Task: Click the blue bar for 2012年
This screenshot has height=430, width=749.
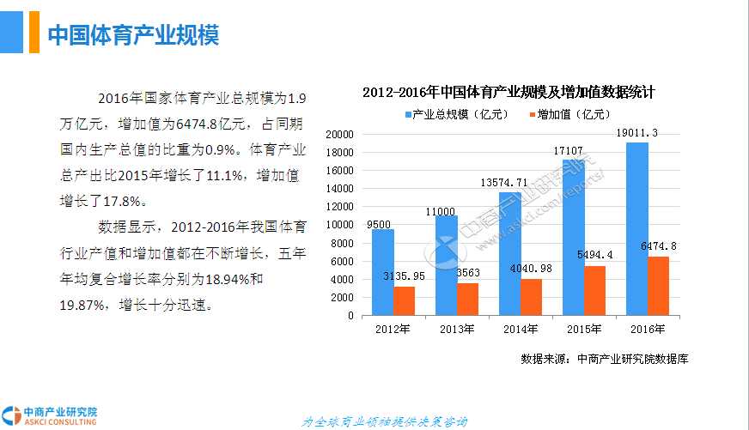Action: tap(383, 272)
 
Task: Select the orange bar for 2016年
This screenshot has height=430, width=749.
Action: tap(658, 286)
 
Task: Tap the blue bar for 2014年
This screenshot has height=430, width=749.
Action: tap(510, 253)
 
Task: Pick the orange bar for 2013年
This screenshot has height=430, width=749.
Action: tap(468, 299)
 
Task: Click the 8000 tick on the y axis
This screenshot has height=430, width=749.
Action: tap(342, 243)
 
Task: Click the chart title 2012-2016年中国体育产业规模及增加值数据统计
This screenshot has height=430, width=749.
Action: tap(508, 92)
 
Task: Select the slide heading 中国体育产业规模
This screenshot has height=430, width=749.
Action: tap(133, 35)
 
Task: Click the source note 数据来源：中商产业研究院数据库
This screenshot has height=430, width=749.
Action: tap(604, 359)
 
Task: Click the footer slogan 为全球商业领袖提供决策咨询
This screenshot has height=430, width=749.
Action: tap(385, 421)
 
